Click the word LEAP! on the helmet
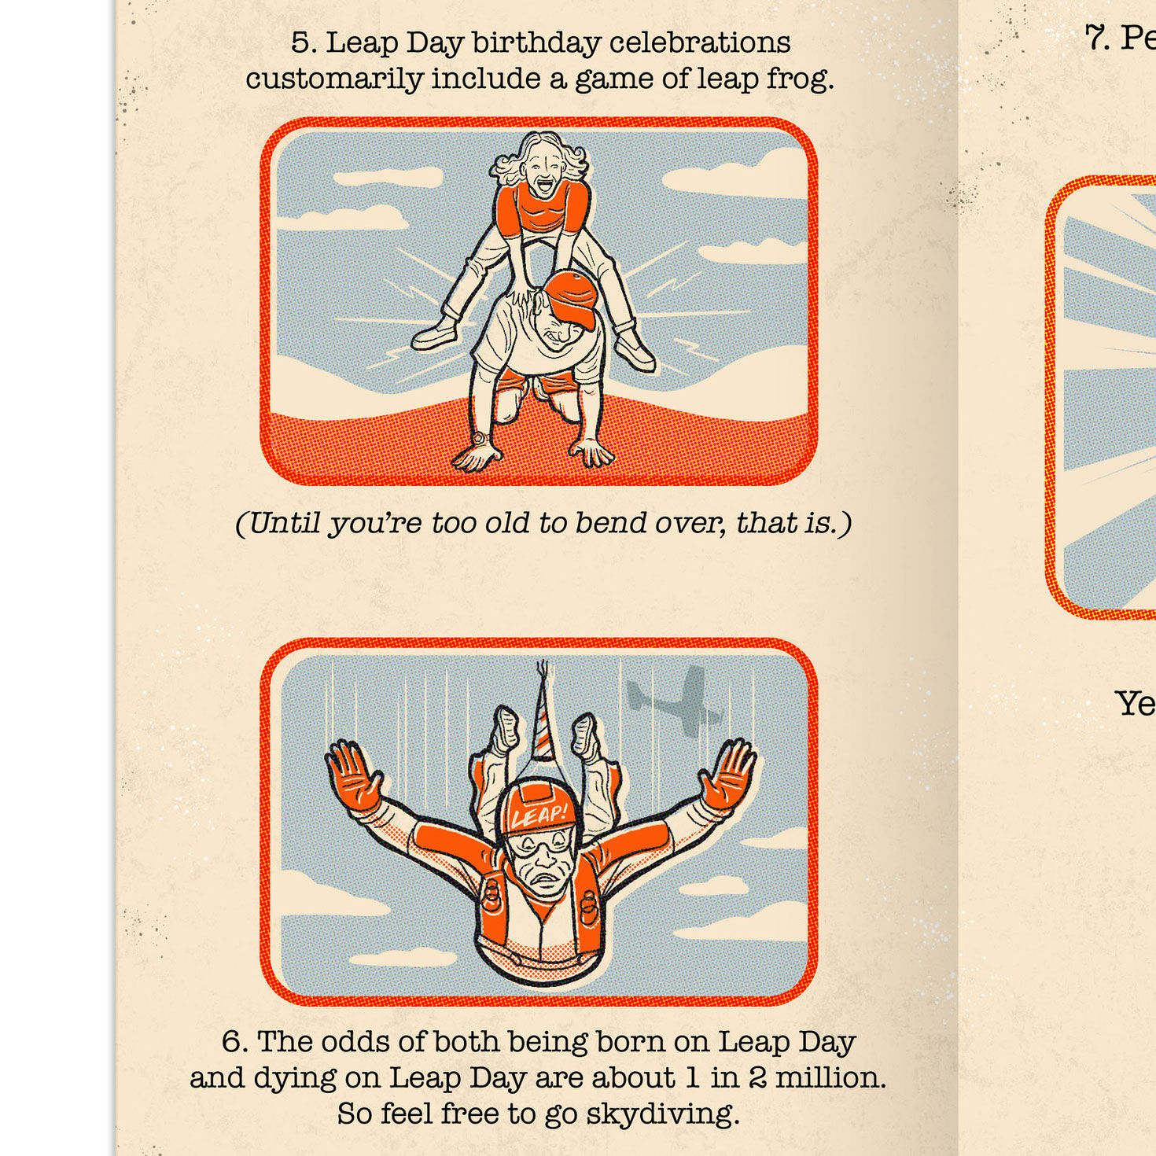pyautogui.click(x=539, y=815)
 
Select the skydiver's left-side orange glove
pyautogui.click(x=354, y=775)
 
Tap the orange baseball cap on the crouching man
pyautogui.click(x=577, y=298)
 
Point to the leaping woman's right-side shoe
pyautogui.click(x=635, y=351)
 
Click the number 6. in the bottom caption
pyautogui.click(x=234, y=1042)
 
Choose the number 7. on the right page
pyautogui.click(x=1097, y=37)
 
